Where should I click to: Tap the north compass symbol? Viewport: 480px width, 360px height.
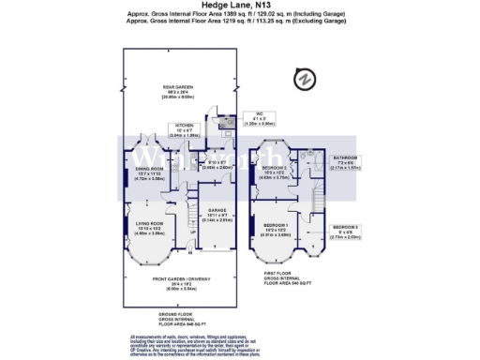tap(304, 79)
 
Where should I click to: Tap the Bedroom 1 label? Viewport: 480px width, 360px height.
tap(277, 229)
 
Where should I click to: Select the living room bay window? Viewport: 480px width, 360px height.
tap(150, 254)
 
